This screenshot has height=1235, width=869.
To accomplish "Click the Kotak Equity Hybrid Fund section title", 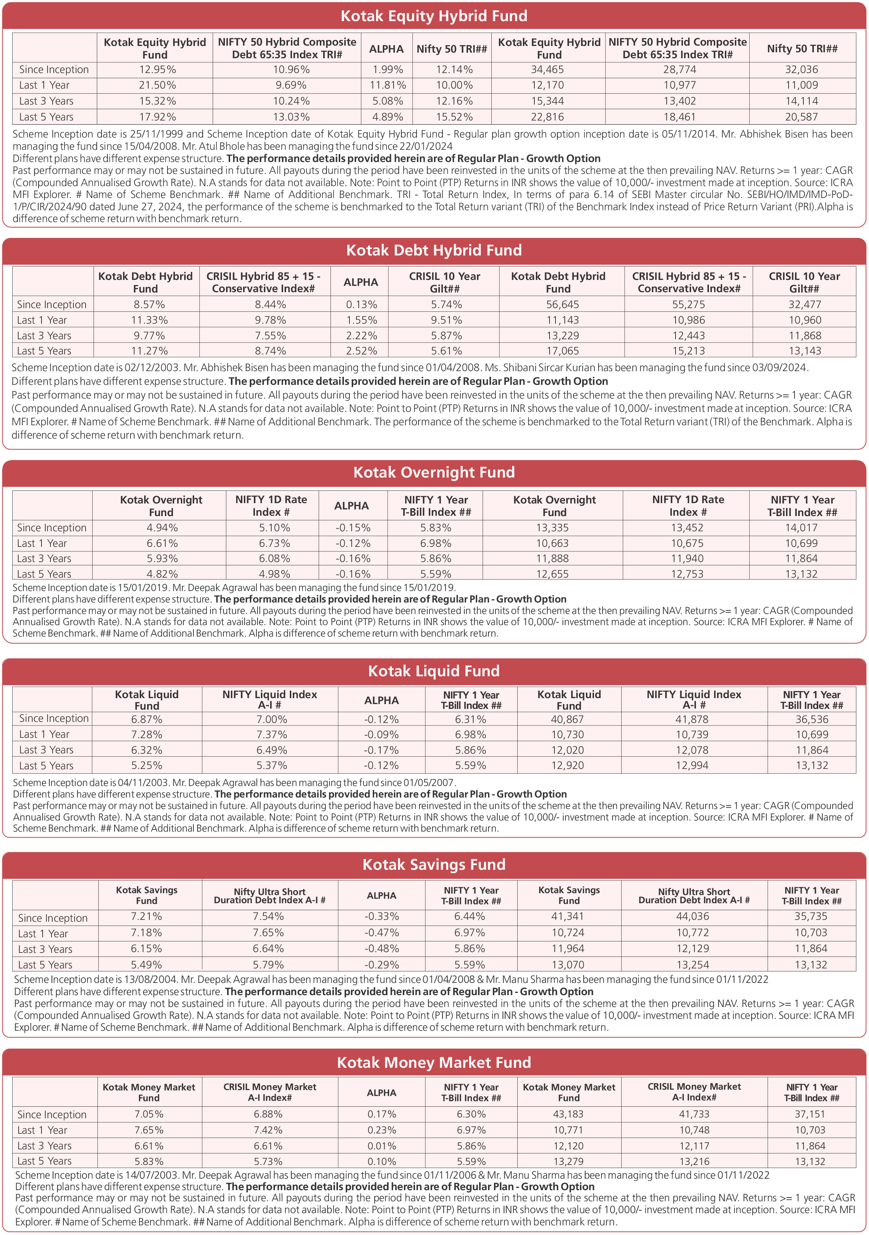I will [x=434, y=16].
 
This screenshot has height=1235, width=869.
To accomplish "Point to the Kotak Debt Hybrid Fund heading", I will [x=434, y=250].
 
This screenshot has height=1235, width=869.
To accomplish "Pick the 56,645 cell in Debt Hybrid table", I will [x=563, y=304].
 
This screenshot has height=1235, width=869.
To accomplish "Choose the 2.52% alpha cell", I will [x=361, y=351].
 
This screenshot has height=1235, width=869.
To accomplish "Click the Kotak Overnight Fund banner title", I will [x=434, y=472].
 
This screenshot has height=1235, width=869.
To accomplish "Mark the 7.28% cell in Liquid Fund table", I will [x=147, y=734].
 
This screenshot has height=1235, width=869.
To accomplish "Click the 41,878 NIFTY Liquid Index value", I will [x=692, y=719].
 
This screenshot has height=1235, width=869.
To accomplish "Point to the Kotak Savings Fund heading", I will [x=434, y=864].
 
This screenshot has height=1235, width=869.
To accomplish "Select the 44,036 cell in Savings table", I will [x=693, y=916].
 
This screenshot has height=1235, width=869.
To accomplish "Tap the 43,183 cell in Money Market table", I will [x=568, y=1114].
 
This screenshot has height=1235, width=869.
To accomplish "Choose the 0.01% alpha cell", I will [x=381, y=1146].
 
